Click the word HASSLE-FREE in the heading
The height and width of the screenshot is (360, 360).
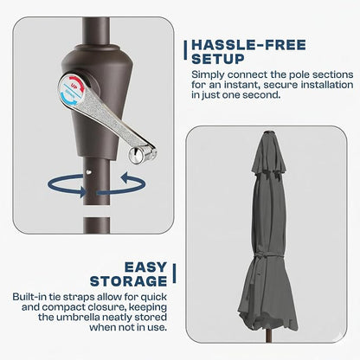pos(248,45)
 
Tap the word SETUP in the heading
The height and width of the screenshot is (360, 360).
pos(218,59)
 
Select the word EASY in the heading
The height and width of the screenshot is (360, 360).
pos(145,267)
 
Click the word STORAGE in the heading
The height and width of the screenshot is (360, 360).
pos(128,281)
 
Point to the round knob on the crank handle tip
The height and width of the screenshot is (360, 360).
pos(137,156)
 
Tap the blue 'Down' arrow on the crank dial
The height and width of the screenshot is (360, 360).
pos(68,99)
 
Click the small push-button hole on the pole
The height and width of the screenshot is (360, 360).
pos(89,172)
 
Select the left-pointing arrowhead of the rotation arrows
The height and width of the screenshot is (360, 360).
pos(127,178)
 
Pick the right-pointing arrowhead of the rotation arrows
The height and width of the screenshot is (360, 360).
pos(83,191)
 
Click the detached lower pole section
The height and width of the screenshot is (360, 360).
pos(97,225)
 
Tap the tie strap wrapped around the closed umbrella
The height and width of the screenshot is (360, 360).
pos(267,254)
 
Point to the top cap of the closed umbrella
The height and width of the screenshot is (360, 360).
pos(270,132)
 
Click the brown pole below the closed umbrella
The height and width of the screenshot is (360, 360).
pos(268,337)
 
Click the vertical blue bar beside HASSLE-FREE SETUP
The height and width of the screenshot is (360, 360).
pos(185,50)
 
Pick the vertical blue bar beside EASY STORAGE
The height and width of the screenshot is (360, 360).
pos(174,273)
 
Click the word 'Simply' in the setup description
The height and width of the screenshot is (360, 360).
pos(208,75)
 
